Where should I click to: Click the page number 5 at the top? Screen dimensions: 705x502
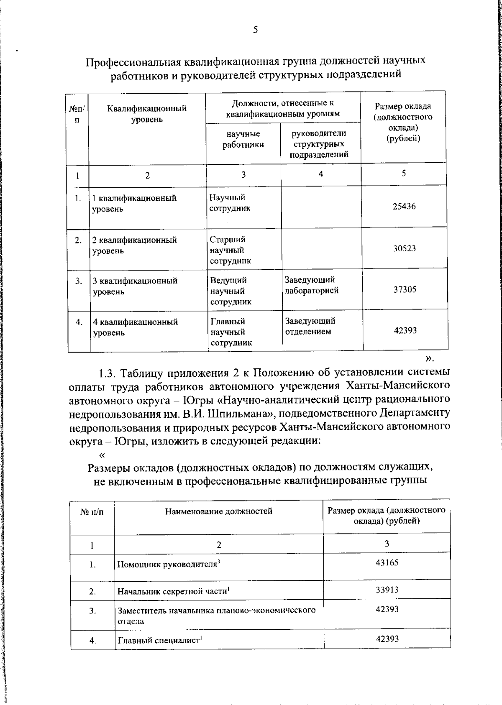[x=255, y=30]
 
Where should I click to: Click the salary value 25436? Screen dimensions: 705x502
[x=404, y=207]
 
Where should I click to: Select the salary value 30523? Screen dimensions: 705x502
[x=404, y=248]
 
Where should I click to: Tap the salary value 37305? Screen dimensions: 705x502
[x=405, y=289]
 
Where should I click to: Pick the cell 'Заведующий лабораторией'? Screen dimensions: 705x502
[x=312, y=285]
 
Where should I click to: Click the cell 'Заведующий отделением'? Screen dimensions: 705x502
[x=310, y=326]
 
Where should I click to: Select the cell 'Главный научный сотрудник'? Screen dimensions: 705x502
[x=231, y=332]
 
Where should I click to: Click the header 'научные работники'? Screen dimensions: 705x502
[x=243, y=139]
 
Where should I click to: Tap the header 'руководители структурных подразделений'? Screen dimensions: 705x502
[x=320, y=144]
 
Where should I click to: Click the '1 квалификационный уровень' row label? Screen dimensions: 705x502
[x=134, y=203]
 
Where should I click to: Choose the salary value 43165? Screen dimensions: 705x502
[x=387, y=562]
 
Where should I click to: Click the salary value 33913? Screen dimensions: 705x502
[x=387, y=590]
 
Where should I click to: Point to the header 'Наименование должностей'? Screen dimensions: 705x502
[x=218, y=511]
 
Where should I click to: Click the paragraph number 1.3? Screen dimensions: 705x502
[x=110, y=373]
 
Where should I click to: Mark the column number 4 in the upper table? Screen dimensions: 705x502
[x=320, y=174]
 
